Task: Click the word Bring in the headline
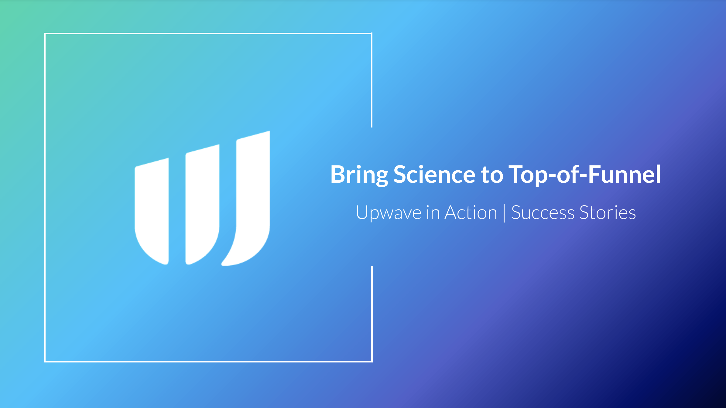(x=359, y=175)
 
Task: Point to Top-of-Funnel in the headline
(x=585, y=175)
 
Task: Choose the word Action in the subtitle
(x=471, y=212)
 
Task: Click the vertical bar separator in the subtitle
(x=504, y=213)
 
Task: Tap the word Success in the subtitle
(x=543, y=212)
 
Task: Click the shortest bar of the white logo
(x=152, y=211)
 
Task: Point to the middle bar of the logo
(x=202, y=205)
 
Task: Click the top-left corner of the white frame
(x=45, y=34)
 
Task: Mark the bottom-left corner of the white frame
(x=45, y=362)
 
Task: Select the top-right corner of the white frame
(x=372, y=34)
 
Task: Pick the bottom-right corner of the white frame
(x=372, y=362)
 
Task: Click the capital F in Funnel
(x=595, y=174)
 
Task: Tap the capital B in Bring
(x=338, y=174)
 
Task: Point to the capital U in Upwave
(x=362, y=212)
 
